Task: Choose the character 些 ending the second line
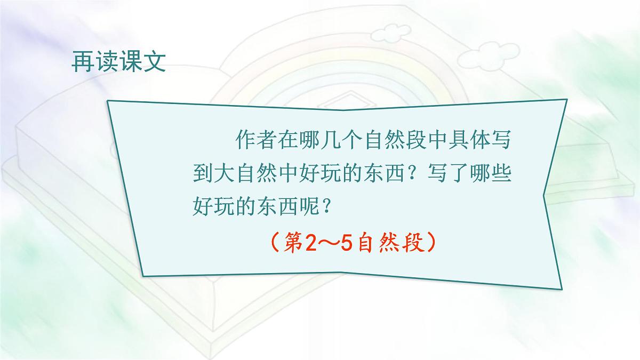click(x=499, y=175)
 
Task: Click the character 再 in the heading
click(x=82, y=63)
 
